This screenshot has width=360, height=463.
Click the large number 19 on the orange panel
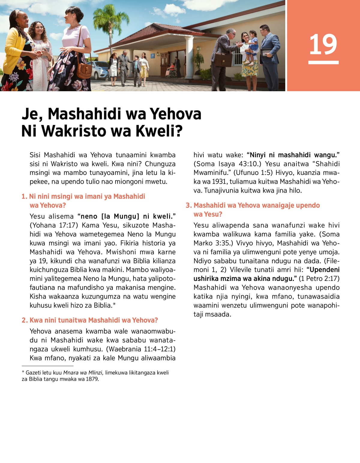click(323, 45)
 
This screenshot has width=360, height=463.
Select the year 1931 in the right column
click(220, 182)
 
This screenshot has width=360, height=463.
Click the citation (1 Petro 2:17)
click(319, 279)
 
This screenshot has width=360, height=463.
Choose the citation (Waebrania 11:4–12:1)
click(141, 349)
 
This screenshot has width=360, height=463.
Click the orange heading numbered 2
click(90, 320)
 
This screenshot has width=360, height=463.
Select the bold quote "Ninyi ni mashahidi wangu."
click(293, 155)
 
